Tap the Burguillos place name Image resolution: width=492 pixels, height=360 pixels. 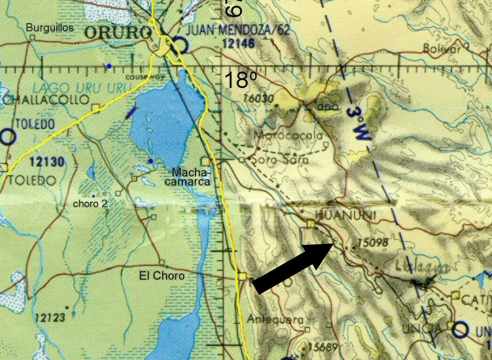tap(50, 28)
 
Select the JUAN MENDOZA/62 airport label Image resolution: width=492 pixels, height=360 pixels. tap(239, 31)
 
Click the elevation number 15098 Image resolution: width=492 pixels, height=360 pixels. tap(373, 243)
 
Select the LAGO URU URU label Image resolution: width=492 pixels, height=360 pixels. tap(64, 88)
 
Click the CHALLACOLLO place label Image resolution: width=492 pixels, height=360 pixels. tap(45, 100)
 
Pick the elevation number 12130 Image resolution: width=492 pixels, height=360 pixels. tap(46, 162)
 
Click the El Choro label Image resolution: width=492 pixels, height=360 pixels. tap(162, 275)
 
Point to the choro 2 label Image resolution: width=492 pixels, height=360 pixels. tap(90, 204)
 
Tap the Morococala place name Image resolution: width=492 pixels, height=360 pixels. tap(288, 135)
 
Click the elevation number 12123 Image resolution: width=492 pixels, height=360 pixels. tap(49, 317)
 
